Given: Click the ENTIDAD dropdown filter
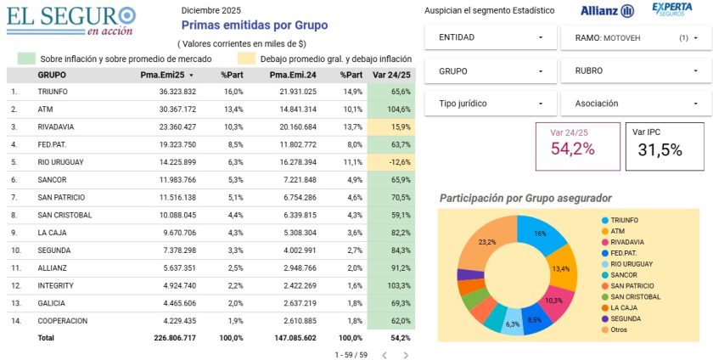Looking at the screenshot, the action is click(491, 37).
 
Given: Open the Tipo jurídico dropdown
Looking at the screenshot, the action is click(491, 104).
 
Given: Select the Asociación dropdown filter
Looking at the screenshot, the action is click(636, 104).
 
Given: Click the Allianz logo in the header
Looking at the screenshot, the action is click(607, 10).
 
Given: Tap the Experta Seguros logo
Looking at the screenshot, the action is click(672, 9).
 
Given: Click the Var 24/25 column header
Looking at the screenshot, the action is click(391, 75).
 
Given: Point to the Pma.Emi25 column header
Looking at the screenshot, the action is click(162, 75).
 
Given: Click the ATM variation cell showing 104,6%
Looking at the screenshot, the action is click(391, 110).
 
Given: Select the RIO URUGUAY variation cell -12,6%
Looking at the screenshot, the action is click(391, 162).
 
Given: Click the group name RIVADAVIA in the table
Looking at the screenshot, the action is click(55, 127).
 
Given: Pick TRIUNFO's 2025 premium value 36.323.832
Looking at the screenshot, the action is click(177, 92).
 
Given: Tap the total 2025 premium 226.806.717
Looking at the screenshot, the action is click(175, 338).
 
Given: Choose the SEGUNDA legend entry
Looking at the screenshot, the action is click(621, 318).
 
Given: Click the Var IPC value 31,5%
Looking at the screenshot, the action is click(660, 149).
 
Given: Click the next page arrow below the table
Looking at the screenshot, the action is click(406, 355).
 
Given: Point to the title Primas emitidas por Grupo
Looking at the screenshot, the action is click(255, 25).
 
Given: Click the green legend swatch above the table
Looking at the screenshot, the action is click(26, 59).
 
